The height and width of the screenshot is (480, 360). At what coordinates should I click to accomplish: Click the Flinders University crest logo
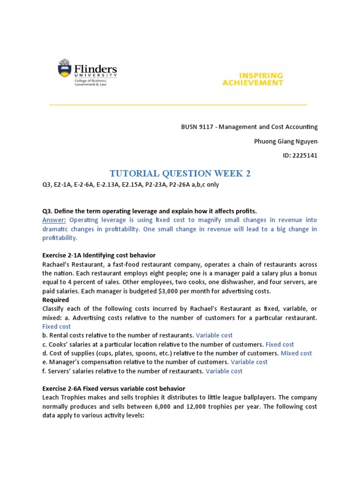click(x=65, y=69)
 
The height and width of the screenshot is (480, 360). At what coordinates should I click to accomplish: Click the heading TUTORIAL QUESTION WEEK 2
click(x=180, y=173)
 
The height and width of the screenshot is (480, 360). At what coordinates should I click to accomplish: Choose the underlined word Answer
click(x=55, y=220)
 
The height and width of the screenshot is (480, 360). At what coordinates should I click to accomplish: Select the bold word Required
click(x=56, y=300)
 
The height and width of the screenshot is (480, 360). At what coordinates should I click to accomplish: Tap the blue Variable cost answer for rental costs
click(x=214, y=335)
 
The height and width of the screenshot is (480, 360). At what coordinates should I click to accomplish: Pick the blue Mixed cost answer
click(x=296, y=353)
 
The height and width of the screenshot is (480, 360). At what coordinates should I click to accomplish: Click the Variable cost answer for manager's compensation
click(x=249, y=362)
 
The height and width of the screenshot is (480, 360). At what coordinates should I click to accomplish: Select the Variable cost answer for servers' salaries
click(x=224, y=371)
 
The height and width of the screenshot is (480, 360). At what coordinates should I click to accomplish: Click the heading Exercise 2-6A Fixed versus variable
click(x=113, y=389)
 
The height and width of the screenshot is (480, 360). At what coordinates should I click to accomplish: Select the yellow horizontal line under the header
click(x=178, y=105)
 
